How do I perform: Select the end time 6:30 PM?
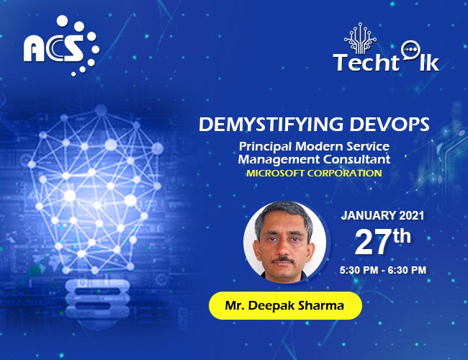(x=406, y=270)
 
